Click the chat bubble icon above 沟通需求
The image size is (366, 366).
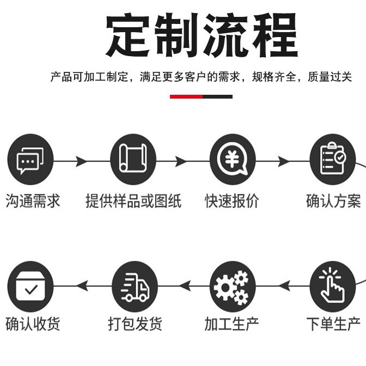point(30,161)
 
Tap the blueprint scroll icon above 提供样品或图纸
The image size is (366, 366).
point(133,161)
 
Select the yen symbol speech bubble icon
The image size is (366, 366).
point(233,161)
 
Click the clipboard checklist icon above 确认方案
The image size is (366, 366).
point(332,161)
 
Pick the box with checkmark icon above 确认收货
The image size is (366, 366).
point(30,286)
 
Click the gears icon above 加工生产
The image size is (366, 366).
point(233,286)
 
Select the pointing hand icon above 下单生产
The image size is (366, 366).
point(332,286)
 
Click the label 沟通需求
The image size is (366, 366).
point(33,201)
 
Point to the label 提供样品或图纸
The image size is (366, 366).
point(133,201)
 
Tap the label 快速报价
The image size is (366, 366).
point(233,201)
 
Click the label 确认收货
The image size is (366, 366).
point(33,324)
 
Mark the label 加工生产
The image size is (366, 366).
point(233,324)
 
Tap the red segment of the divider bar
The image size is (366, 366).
point(186,97)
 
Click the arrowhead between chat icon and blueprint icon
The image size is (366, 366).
point(82,161)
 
